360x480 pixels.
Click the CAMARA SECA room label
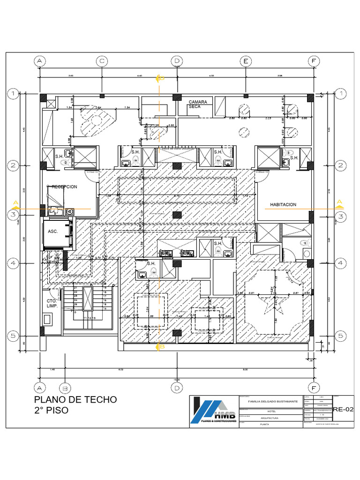(198, 104)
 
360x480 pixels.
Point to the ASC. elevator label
(52, 232)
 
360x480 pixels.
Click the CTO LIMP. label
(52, 303)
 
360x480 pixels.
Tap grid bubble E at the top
(245, 61)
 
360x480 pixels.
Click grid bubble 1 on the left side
(15, 94)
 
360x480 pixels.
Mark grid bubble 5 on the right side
(341, 336)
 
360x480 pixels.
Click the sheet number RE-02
(343, 409)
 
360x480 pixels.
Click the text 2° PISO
(51, 410)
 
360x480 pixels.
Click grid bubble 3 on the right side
(341, 216)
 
